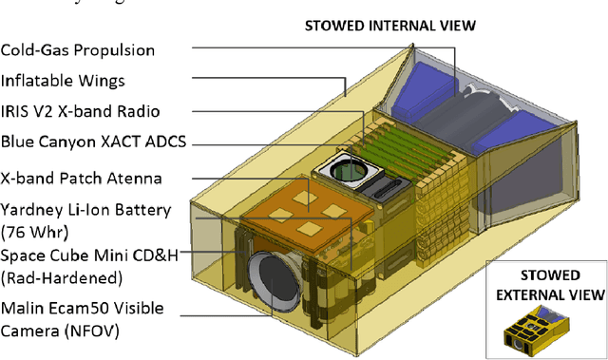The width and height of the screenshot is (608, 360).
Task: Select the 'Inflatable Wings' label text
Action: coord(63,80)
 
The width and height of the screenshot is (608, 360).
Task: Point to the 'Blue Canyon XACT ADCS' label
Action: coord(93,142)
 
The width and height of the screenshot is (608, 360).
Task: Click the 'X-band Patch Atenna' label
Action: coord(81,178)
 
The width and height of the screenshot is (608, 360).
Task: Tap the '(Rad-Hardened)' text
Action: coord(63,277)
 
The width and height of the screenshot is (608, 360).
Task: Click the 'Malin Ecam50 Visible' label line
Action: coord(83,308)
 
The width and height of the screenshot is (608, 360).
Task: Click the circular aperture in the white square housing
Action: coord(350,172)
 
